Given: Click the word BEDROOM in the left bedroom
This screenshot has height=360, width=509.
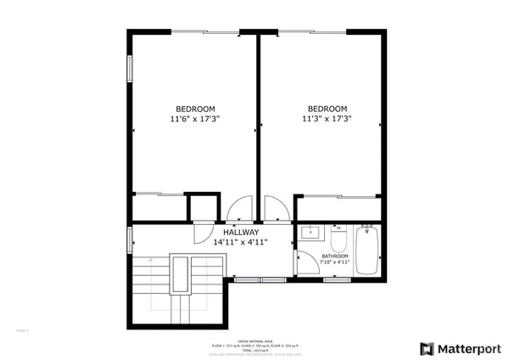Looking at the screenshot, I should (195, 109).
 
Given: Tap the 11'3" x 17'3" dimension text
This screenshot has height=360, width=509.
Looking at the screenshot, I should (327, 120).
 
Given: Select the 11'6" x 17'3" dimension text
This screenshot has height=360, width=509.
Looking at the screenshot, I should (195, 120).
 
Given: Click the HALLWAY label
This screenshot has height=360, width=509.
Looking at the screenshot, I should (241, 233).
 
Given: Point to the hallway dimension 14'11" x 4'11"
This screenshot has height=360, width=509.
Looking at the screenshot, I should (241, 243).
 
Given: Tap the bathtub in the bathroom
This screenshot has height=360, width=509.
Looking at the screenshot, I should (366, 250).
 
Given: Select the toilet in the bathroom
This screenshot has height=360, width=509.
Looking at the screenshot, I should (338, 232).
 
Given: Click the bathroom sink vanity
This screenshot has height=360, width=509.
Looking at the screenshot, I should (310, 234).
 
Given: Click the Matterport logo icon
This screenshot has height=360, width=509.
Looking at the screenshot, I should (426, 348).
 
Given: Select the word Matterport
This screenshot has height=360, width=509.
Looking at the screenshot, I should (467, 348).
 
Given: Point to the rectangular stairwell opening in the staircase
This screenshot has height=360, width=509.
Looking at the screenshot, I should (180, 276).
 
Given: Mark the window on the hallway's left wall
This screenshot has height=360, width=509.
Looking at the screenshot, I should (130, 239).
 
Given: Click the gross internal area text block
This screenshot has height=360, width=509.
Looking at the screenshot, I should (255, 344).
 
